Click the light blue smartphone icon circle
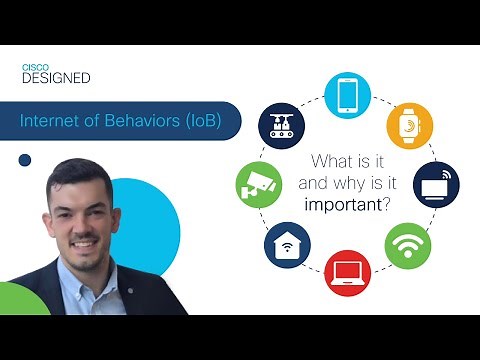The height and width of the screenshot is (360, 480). pos(348,94)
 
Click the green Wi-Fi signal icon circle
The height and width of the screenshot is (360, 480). pos(408,245)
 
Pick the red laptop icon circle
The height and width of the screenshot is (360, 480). pos(347,271)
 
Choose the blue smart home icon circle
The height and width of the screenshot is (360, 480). pos(286,246)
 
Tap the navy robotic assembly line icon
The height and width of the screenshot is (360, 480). pos(284,125)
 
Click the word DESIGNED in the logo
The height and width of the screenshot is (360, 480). pos(56,78)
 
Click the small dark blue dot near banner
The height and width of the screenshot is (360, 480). pos(25,159)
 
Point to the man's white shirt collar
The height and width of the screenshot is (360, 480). pos(96,285)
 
